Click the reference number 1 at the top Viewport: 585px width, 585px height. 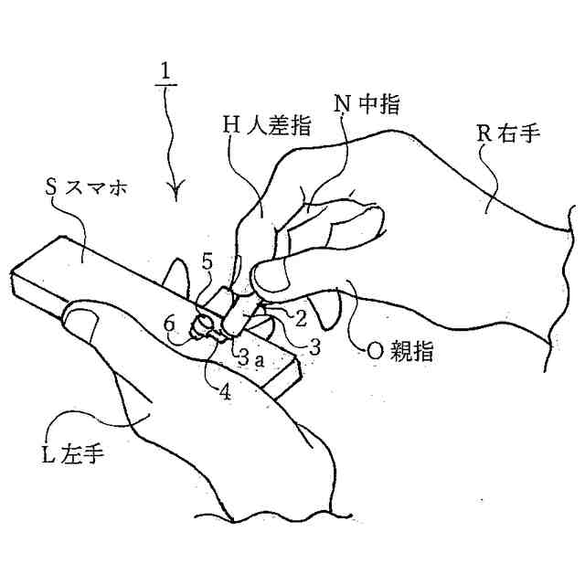167,70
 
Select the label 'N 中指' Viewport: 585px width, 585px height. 367,105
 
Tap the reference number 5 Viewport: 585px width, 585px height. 207,263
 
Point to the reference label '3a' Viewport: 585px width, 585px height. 250,360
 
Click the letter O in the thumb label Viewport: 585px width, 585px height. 359,350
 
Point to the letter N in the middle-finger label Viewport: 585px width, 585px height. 343,105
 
